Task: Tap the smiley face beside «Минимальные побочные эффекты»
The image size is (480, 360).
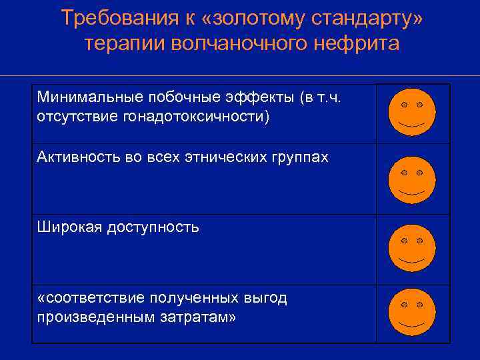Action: [x=412, y=111]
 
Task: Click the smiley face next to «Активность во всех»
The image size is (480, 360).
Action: [x=412, y=180]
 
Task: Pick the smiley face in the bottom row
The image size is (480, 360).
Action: [x=412, y=311]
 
